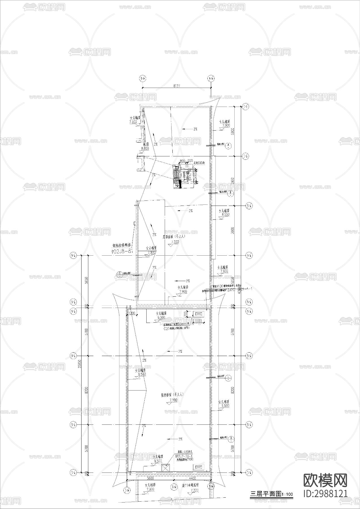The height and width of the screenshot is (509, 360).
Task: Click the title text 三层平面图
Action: click(265, 494)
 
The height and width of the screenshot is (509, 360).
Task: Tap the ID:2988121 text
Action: click(325, 493)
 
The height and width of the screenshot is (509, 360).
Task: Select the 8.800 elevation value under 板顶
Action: click(145, 148)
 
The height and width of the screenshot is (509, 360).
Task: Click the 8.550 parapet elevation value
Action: click(226, 215)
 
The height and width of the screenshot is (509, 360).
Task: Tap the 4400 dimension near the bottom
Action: click(193, 478)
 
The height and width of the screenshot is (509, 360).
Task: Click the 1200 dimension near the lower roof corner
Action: click(132, 314)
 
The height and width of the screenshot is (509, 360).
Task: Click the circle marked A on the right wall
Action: click(228, 146)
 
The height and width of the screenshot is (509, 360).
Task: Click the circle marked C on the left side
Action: click(120, 274)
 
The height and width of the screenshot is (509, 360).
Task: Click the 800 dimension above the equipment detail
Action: click(182, 161)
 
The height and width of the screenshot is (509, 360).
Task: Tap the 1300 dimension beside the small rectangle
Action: click(198, 321)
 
